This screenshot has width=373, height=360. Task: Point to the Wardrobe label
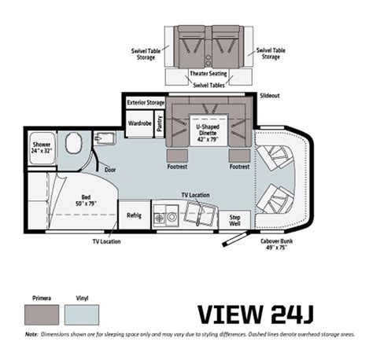(x=139, y=122)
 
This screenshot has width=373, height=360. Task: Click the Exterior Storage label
(x=146, y=102)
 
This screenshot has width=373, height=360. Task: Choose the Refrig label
(x=134, y=215)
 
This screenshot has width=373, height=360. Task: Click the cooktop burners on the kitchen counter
(x=167, y=215)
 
